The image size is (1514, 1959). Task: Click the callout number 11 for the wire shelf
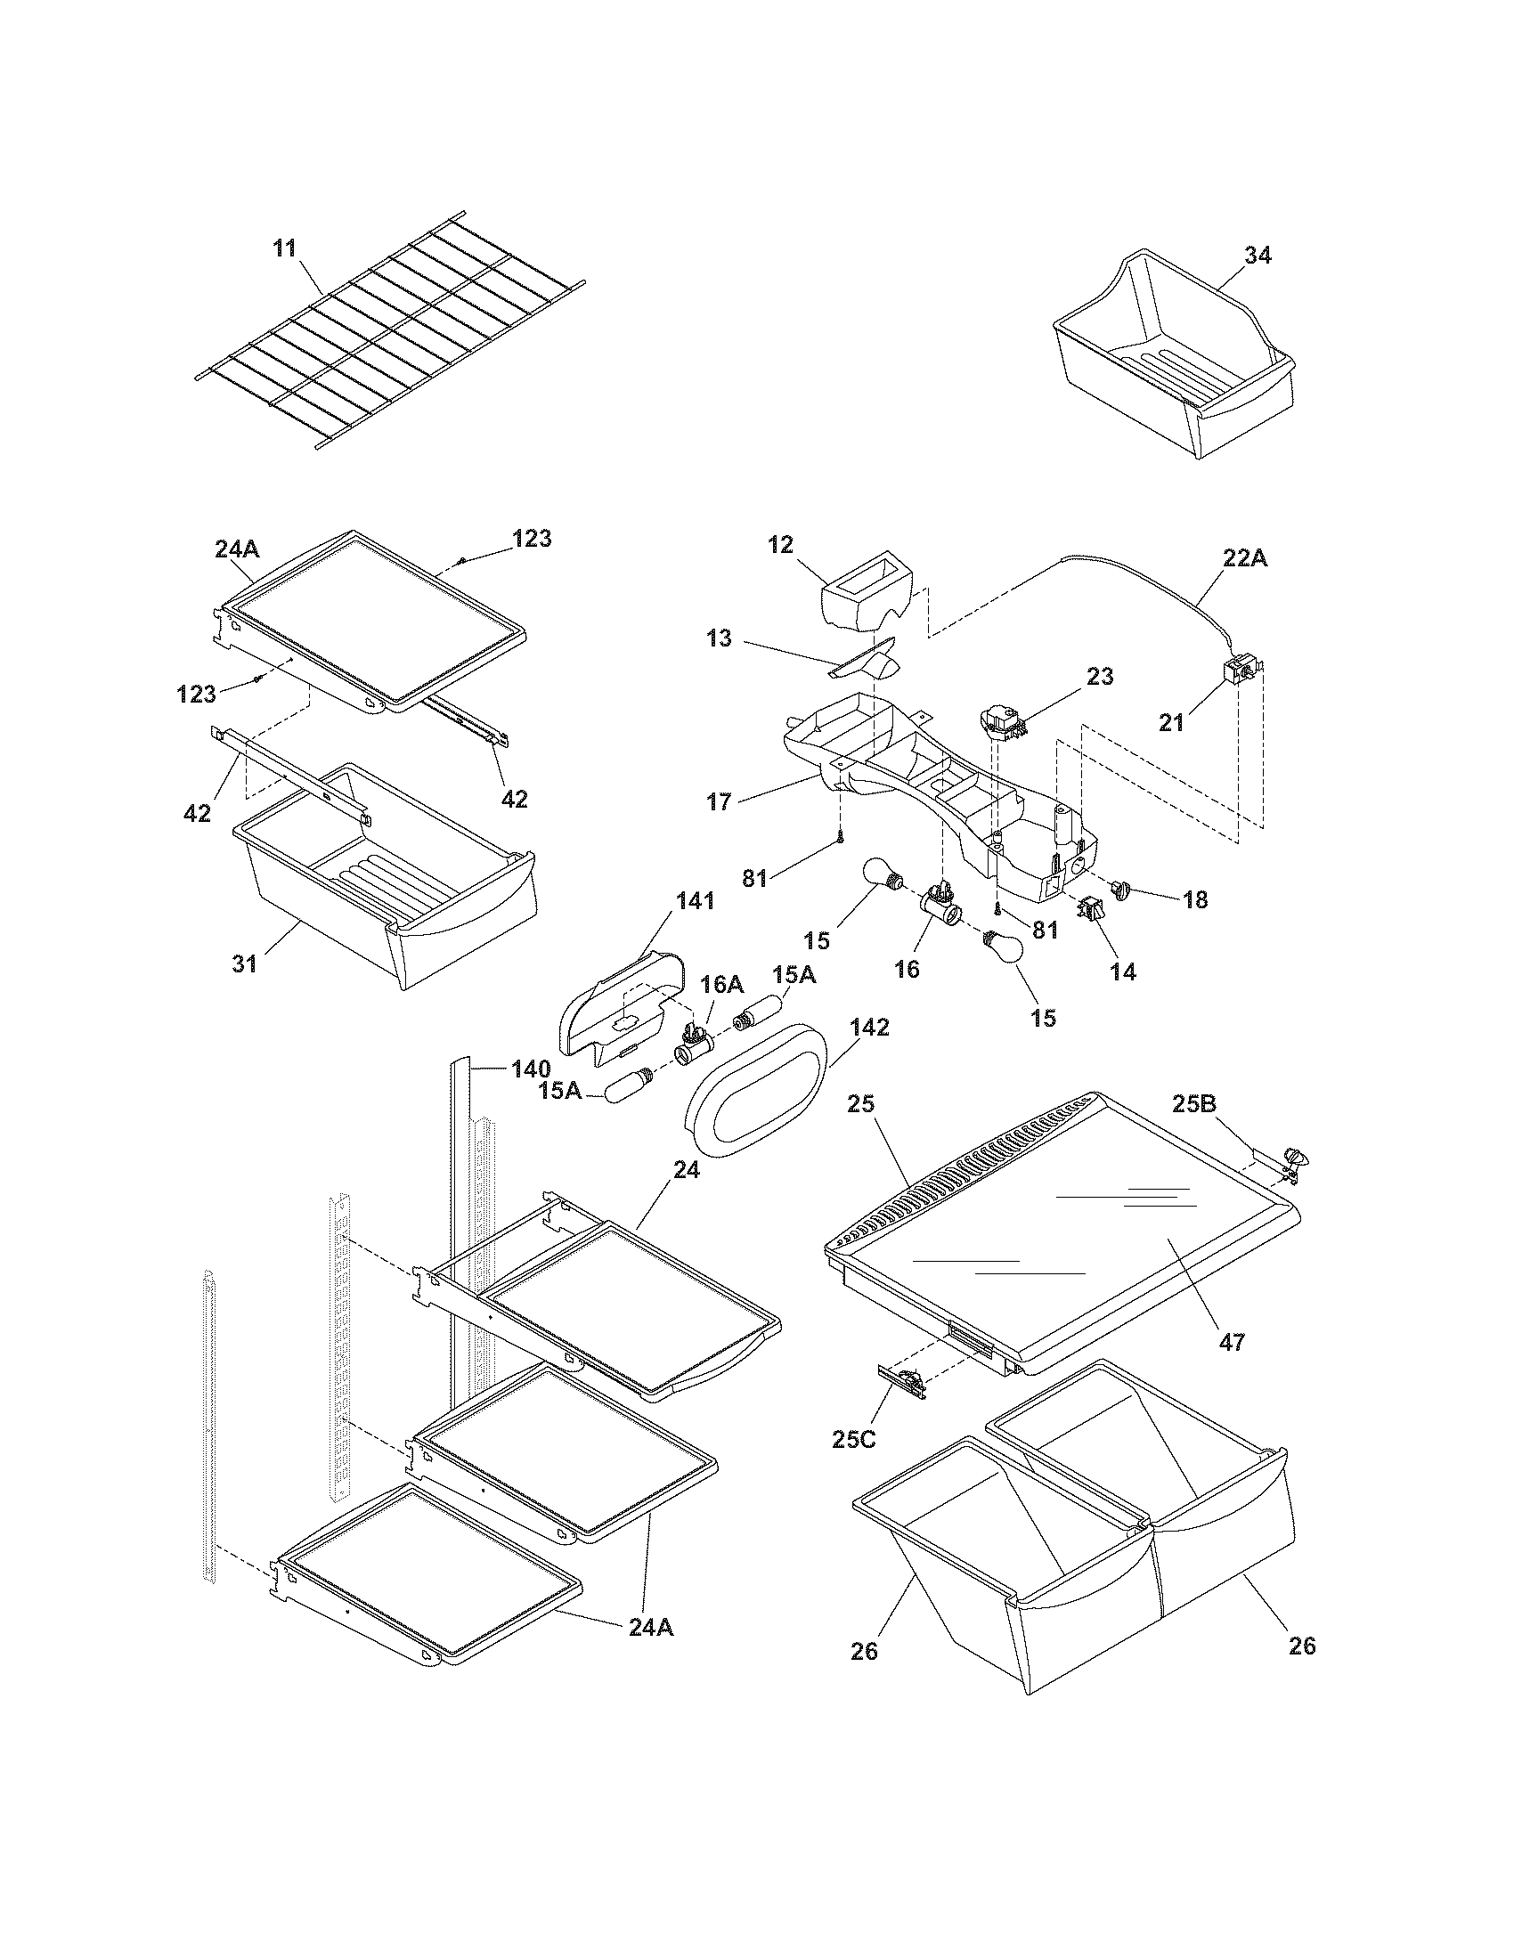pos(284,248)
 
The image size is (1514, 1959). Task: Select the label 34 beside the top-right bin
pos(1258,256)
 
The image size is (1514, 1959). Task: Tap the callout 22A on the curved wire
pos(1245,558)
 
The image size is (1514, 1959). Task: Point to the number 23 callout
pos(1100,677)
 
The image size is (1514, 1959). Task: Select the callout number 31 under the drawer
pos(245,963)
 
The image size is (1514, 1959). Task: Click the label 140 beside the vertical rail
pos(531,1069)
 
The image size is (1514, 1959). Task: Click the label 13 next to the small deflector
pos(719,638)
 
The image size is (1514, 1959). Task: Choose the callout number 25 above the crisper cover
pos(860,1104)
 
